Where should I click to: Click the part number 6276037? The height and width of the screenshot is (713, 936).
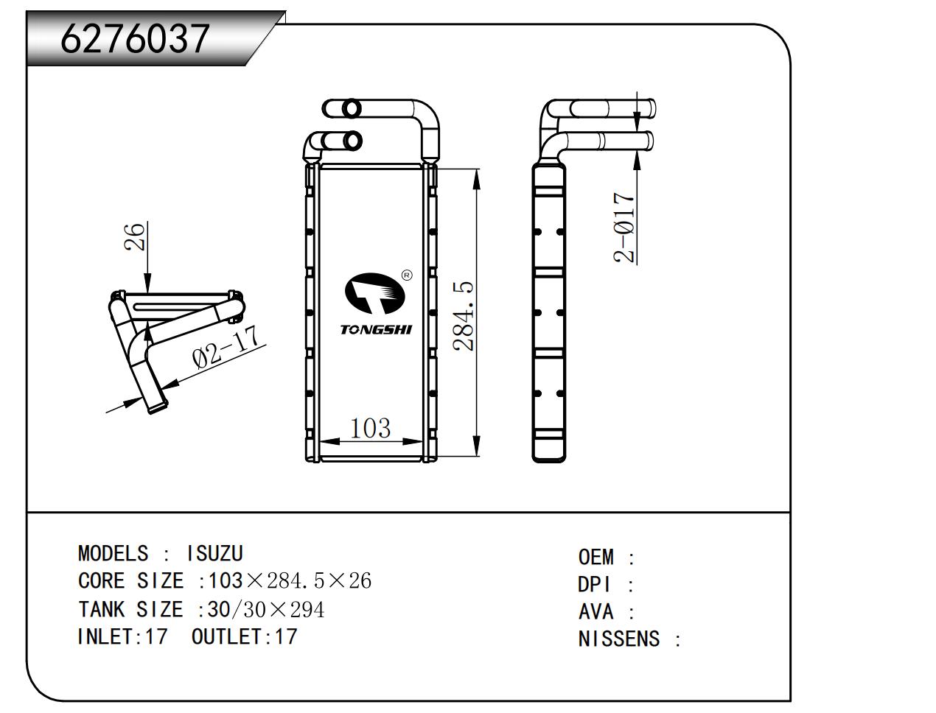tap(135, 38)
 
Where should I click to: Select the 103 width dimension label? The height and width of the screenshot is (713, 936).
tap(370, 427)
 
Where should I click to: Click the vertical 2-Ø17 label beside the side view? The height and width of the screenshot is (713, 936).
tap(624, 228)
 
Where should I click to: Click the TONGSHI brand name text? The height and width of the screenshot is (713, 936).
tap(376, 329)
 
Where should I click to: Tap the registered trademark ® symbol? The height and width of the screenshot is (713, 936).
tap(407, 275)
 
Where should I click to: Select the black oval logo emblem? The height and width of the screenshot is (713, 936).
tap(375, 293)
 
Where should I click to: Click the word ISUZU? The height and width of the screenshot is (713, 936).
tap(214, 553)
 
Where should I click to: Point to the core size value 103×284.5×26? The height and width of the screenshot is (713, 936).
tap(290, 581)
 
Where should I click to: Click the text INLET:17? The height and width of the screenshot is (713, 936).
tap(122, 636)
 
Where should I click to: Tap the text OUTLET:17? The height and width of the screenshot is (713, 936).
tap(245, 636)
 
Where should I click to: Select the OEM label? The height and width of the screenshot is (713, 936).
tap(596, 558)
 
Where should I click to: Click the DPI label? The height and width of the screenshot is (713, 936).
tap(595, 585)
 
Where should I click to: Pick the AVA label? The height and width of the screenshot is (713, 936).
tap(596, 612)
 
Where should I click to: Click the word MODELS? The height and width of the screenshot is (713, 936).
tap(113, 553)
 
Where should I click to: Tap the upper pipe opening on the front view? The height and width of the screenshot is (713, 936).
tap(352, 108)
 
